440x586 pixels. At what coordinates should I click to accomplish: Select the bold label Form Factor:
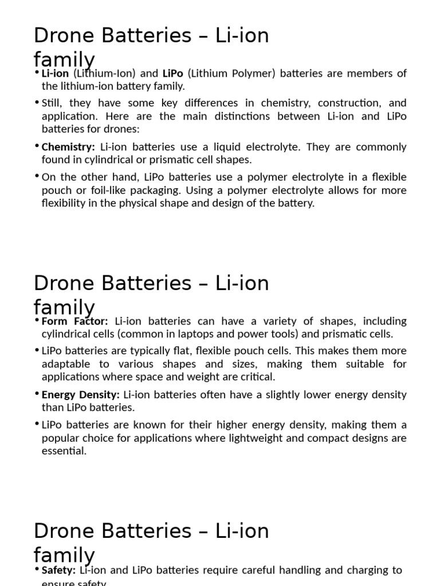tap(74, 321)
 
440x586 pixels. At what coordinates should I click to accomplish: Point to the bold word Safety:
tap(58, 570)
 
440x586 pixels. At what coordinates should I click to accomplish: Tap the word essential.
tap(64, 451)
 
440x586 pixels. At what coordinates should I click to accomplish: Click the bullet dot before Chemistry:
tap(37, 146)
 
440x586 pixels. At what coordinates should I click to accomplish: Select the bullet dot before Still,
tap(37, 102)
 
